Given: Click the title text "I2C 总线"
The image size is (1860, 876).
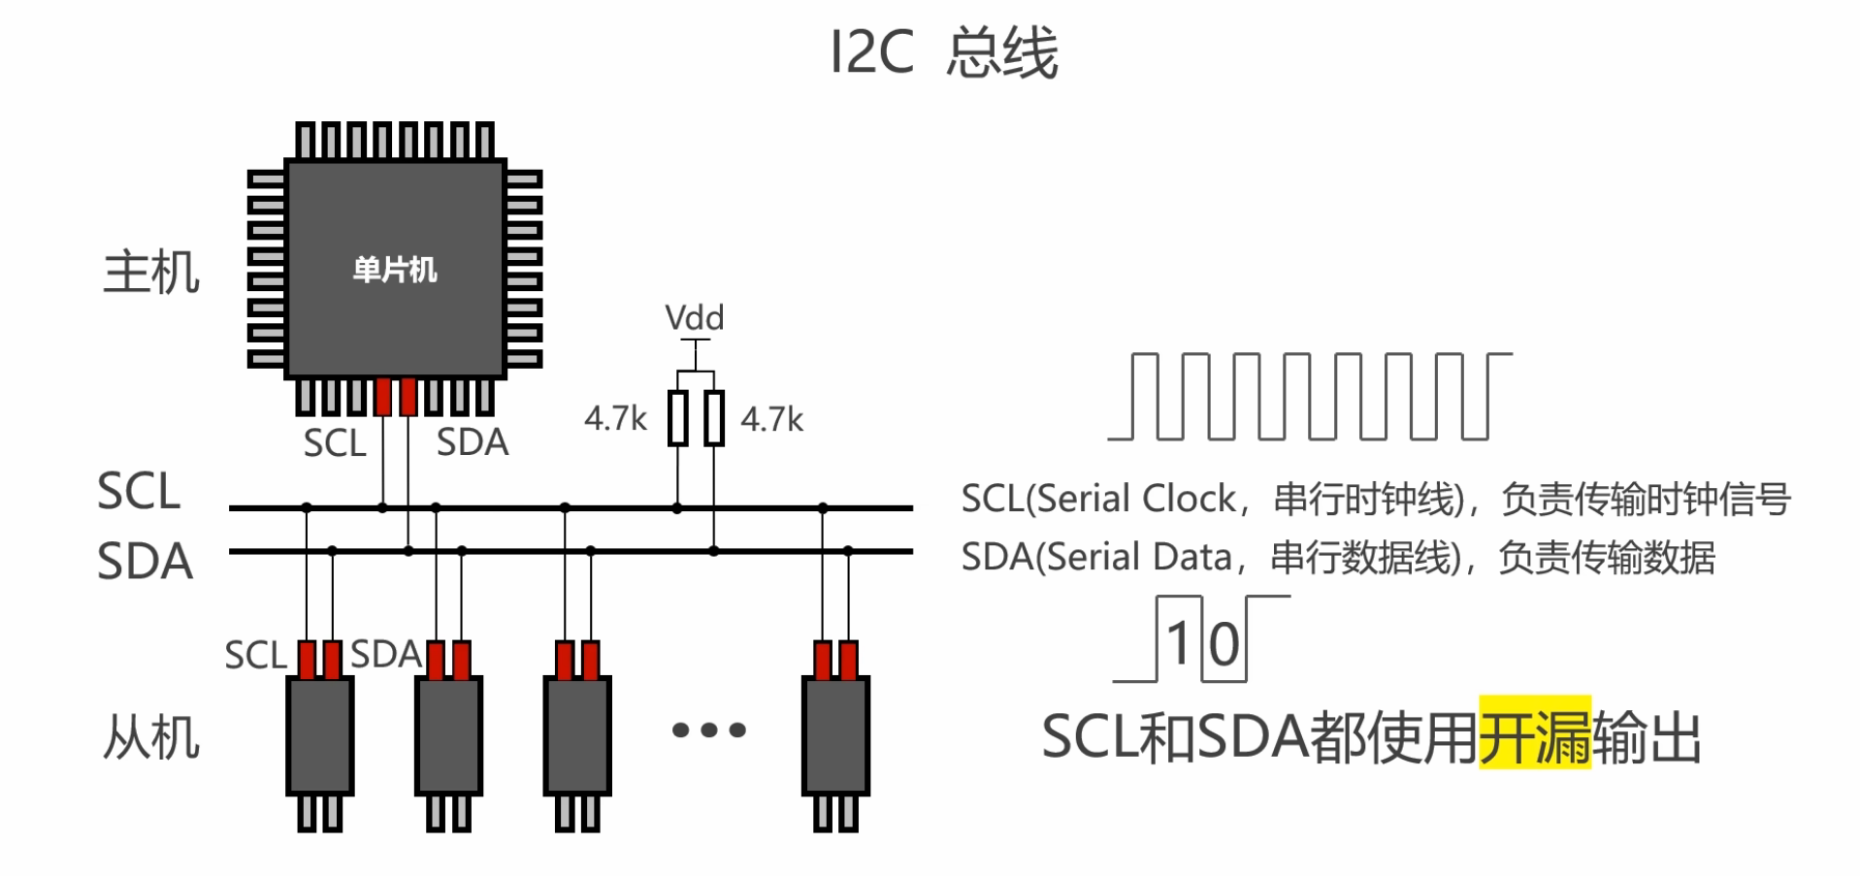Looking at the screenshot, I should click(x=944, y=52).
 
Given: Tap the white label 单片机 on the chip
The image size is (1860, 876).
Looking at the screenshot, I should click(x=395, y=270).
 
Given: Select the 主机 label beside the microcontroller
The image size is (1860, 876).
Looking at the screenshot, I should click(x=151, y=273).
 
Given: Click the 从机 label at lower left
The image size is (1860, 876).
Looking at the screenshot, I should click(x=151, y=738).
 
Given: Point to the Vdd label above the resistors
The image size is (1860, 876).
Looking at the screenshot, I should click(x=694, y=318).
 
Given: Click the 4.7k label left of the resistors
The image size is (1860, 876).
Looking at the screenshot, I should click(x=615, y=419).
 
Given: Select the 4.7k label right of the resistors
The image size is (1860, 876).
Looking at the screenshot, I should click(x=772, y=420).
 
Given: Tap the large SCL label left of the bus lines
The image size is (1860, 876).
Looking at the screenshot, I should click(x=139, y=492).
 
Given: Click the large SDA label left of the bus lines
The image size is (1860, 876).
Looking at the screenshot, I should click(x=145, y=562).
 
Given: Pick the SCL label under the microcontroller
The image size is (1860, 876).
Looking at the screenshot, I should click(x=335, y=443).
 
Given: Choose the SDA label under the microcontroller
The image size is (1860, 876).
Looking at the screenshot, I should click(x=473, y=442).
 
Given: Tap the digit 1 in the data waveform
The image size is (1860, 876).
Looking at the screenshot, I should click(x=1178, y=643).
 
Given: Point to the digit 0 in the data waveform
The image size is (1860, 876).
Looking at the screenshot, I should click(x=1224, y=645).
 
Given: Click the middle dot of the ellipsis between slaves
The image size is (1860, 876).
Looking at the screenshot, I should click(x=709, y=730).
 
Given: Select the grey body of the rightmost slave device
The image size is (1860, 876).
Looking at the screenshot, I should click(x=835, y=736).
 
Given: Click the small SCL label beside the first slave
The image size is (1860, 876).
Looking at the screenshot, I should click(x=256, y=656).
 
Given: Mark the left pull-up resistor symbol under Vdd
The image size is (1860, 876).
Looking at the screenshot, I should click(x=678, y=418).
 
